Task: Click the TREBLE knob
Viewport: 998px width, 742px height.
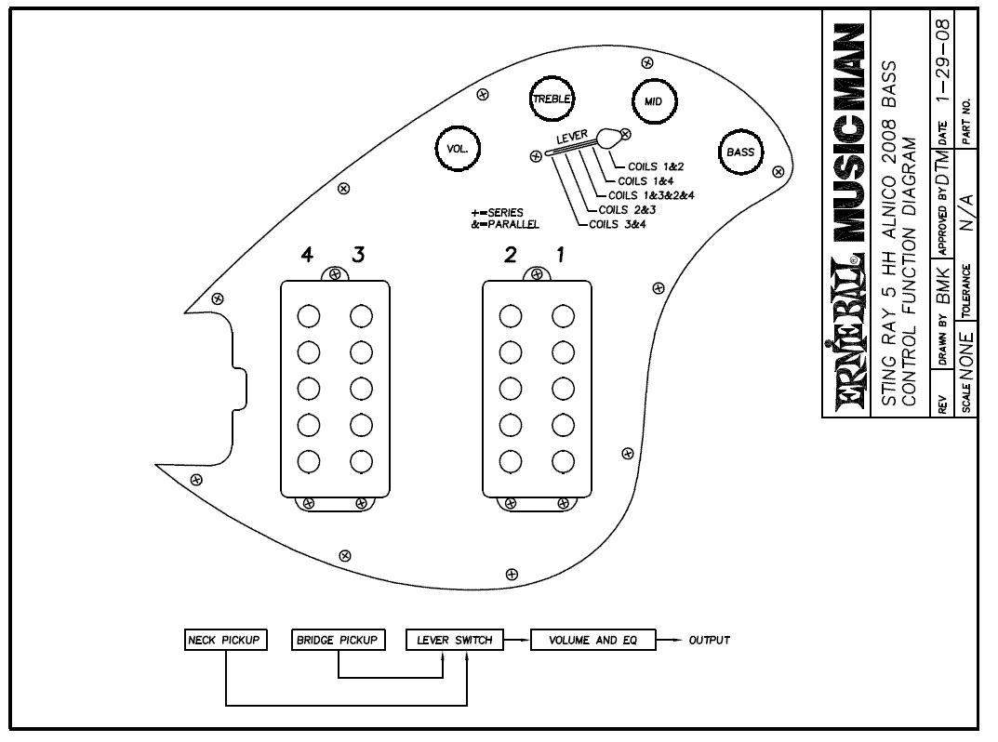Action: coord(552,99)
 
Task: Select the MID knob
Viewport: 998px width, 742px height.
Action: coord(653,101)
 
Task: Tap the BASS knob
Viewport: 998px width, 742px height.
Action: coord(740,152)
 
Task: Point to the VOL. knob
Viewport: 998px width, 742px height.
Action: coord(458,149)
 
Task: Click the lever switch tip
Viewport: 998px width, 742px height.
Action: coord(608,138)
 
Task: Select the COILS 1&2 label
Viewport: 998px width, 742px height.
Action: coord(656,166)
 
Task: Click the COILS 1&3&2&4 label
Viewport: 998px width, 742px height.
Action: coord(651,195)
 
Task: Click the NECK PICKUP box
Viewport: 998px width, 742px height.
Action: coord(226,640)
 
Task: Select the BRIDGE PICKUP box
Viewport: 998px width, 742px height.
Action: coord(338,640)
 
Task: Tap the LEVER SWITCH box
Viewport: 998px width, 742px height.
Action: coord(455,640)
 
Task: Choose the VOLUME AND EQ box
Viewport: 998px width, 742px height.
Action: coord(592,640)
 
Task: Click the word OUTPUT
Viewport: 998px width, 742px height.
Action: coord(709,640)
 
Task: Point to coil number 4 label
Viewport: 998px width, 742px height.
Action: coord(308,257)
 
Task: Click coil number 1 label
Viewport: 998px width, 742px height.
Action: coord(560,257)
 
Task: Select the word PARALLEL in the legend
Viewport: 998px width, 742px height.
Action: coord(511,224)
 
